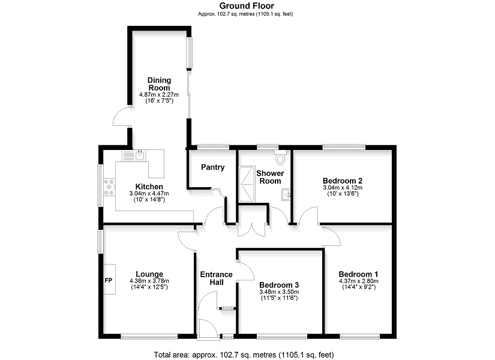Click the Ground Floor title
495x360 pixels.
(x=247, y=5)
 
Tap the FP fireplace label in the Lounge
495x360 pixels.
(x=108, y=280)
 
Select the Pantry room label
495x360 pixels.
(x=213, y=167)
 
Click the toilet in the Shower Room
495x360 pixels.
(x=280, y=157)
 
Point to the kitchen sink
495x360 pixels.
(x=134, y=155)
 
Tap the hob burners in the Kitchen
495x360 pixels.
(x=109, y=187)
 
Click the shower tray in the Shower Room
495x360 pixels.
(x=247, y=184)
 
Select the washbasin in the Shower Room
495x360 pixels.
(x=286, y=194)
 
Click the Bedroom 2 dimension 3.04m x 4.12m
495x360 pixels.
(x=343, y=188)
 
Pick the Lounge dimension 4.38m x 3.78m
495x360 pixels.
(x=149, y=281)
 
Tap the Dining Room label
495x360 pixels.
(x=160, y=84)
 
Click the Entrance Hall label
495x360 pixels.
(x=217, y=278)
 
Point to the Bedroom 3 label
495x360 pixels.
(x=279, y=285)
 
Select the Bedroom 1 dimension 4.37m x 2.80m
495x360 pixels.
(x=359, y=281)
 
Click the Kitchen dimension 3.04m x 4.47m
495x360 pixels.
(x=149, y=193)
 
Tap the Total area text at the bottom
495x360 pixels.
(x=244, y=355)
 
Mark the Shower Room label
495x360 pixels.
(x=270, y=177)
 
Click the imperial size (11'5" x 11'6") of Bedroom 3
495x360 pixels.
(x=279, y=298)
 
